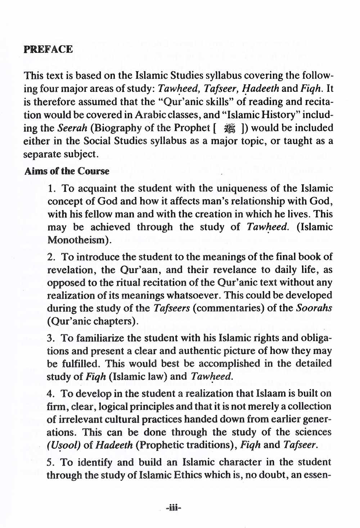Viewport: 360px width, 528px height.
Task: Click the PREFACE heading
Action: [48, 50]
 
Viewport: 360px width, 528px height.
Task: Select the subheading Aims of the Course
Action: [67, 171]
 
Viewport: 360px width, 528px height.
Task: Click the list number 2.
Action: [51, 257]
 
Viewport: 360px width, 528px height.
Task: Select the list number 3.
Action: [51, 338]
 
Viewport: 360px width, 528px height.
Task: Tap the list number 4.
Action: [51, 393]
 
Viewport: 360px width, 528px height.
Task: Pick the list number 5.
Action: [51, 462]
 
